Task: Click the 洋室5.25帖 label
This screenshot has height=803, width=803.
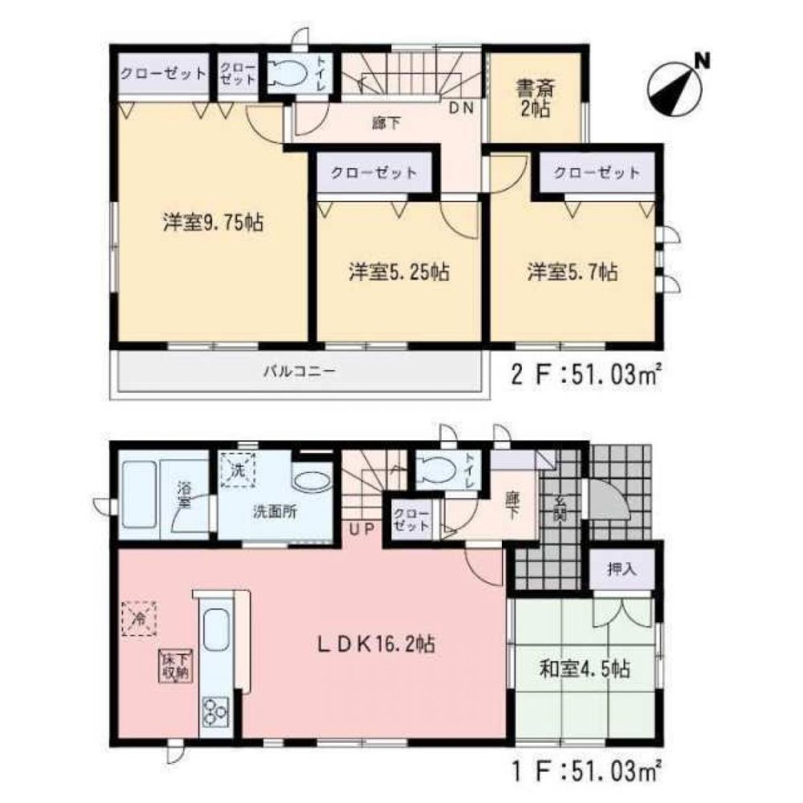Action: (x=398, y=272)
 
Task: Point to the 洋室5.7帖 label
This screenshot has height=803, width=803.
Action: (x=573, y=272)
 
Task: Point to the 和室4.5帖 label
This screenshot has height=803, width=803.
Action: (x=584, y=668)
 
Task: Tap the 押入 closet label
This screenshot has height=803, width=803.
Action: (x=622, y=569)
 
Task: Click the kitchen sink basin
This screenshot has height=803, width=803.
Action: (x=214, y=629)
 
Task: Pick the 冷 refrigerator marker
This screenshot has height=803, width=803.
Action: (x=138, y=619)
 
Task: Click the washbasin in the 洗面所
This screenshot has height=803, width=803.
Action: (x=311, y=481)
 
